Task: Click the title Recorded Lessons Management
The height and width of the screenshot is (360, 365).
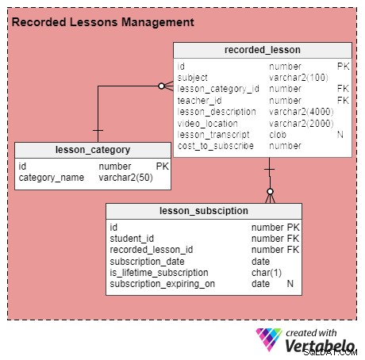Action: pyautogui.click(x=103, y=22)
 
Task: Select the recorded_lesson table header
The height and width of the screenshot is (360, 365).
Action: pyautogui.click(x=263, y=50)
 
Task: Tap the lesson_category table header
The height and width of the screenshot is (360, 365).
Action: pyautogui.click(x=93, y=150)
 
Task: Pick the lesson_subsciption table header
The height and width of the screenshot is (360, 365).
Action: pyautogui.click(x=204, y=211)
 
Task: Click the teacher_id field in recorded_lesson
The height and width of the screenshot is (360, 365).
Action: pyautogui.click(x=199, y=101)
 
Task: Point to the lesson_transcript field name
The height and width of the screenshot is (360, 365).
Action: pyautogui.click(x=213, y=135)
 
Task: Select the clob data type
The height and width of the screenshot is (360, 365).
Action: pyautogui.click(x=278, y=135)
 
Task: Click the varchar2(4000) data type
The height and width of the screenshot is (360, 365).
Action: pyautogui.click(x=302, y=112)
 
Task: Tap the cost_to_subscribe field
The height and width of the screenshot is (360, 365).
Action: pyautogui.click(x=216, y=146)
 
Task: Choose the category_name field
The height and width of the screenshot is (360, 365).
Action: pyautogui.click(x=52, y=178)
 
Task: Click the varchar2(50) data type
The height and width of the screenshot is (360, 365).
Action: pyautogui.click(x=125, y=178)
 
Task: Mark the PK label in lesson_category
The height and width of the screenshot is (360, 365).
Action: pyautogui.click(x=162, y=167)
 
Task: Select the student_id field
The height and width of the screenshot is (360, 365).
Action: pyautogui.click(x=132, y=239)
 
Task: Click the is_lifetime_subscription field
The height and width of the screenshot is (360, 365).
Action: pyautogui.click(x=159, y=273)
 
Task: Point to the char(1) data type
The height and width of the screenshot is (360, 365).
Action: pyautogui.click(x=267, y=273)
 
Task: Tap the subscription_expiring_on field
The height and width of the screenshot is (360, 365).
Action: pyautogui.click(x=163, y=284)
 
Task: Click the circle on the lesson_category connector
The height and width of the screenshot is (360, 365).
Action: pyautogui.click(x=161, y=86)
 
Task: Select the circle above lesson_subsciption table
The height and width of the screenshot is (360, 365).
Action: pyautogui.click(x=270, y=191)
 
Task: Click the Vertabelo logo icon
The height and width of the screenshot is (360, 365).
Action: pyautogui.click(x=269, y=339)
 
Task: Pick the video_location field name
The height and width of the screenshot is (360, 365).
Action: pyautogui.click(x=207, y=124)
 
